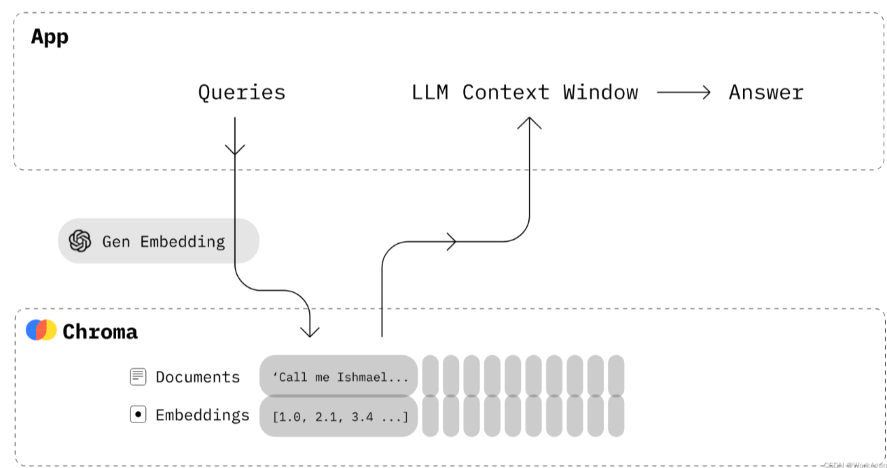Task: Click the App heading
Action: pos(50,37)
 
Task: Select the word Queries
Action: pos(241,92)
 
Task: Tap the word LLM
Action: pos(430,92)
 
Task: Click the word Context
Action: pos(505,92)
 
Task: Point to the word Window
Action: pos(600,92)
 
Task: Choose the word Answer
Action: pos(766,92)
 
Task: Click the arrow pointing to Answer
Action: pos(683,92)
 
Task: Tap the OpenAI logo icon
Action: pos(80,240)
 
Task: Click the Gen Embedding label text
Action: pos(163,241)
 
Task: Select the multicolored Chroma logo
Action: pos(41,330)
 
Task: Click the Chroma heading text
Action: pos(100,331)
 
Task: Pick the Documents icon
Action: pos(138,377)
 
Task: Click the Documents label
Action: pos(198,377)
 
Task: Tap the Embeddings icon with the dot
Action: pos(138,414)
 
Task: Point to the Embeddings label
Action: pos(202,415)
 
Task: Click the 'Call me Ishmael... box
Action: pos(338,376)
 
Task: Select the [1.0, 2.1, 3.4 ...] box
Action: pos(338,416)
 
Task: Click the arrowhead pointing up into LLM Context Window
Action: pos(529,123)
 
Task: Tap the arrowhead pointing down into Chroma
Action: pos(310,331)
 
